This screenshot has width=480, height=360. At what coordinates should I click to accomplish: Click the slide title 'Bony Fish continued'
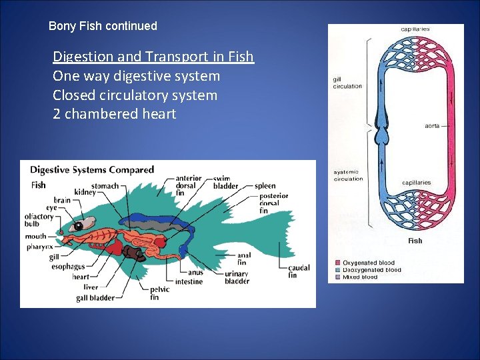point(103,27)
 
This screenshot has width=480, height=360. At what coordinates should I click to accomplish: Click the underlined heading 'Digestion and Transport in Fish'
point(153,57)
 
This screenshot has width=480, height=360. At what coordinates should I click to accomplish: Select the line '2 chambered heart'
point(114,114)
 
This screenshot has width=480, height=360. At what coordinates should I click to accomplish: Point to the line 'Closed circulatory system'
point(135,95)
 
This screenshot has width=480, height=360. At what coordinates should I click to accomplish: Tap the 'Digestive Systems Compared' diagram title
point(92,170)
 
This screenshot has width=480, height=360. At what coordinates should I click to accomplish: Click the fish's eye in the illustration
point(79,226)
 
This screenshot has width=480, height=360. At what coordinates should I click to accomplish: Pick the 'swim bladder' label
point(225,182)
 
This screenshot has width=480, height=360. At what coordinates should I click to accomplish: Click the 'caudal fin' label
point(299,271)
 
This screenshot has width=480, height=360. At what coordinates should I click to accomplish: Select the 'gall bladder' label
point(95,297)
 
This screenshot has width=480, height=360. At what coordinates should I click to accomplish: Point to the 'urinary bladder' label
point(237,277)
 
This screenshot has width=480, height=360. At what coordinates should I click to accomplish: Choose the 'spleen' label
point(265,186)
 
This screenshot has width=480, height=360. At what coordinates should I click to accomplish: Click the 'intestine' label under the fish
point(189,281)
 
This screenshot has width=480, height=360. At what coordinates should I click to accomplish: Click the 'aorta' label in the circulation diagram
point(432,126)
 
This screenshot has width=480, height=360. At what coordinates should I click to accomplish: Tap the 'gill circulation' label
point(347,83)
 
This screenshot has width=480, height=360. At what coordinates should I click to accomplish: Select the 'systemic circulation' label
point(348,175)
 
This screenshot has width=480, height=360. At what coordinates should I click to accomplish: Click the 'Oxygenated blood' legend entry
point(368,263)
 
